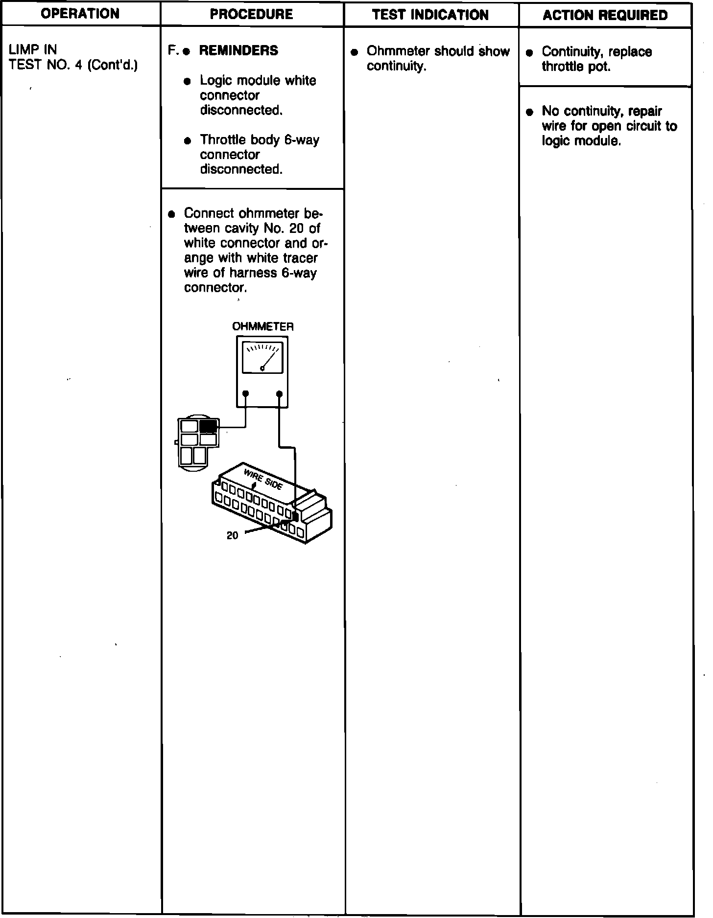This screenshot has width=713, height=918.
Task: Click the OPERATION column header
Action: pos(80,14)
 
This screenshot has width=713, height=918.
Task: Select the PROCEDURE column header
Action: pos(251,14)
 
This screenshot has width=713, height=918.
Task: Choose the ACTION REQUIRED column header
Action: pos(605,15)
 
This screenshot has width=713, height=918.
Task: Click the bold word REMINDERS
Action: pos(238,50)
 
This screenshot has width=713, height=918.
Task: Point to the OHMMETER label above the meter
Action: pos(262,326)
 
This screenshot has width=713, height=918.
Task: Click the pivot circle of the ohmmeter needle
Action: pos(262,369)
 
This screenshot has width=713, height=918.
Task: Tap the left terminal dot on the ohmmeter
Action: pos(245,393)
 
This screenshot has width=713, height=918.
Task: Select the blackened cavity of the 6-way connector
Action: pos(208,426)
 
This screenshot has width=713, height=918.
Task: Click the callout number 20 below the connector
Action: pos(232,536)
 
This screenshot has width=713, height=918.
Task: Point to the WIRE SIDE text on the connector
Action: pos(263,478)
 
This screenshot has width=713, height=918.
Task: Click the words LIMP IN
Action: pos(33,49)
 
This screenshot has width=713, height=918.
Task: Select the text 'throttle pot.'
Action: pos(576,67)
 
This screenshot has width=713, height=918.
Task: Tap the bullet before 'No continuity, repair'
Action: pos(529,112)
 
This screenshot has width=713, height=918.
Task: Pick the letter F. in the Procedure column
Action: pos(172,50)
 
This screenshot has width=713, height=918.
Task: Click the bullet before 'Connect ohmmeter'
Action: pos(171,214)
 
